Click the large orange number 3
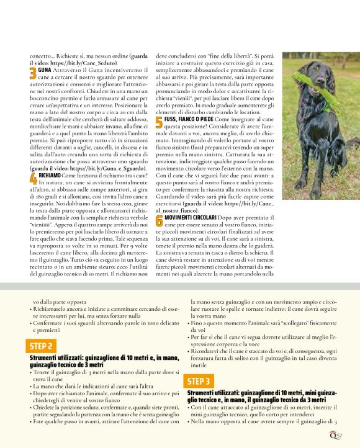(x=33, y=74)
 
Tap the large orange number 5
(x=159, y=121)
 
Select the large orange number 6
(x=159, y=221)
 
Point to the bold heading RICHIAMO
(x=50, y=176)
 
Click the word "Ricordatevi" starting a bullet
(x=208, y=352)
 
